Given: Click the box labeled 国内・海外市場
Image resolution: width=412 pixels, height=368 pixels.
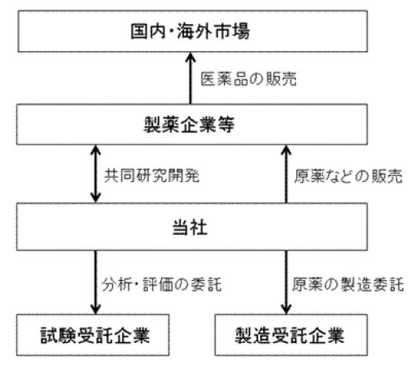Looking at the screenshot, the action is [193, 31].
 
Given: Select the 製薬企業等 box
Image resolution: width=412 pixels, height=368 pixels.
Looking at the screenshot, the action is [192, 125].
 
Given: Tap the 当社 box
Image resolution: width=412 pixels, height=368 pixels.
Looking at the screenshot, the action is [192, 227].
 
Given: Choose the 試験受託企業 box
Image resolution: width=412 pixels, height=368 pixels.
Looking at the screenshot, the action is [92, 335].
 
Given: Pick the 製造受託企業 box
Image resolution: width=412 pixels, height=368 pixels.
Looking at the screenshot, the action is [291, 335].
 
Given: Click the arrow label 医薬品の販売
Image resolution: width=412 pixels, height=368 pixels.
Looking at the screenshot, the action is [248, 78].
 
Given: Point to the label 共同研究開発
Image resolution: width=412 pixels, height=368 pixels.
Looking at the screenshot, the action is [152, 175].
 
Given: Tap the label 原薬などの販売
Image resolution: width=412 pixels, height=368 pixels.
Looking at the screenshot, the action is [349, 176].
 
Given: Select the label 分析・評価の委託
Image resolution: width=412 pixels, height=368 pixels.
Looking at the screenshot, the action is [161, 285].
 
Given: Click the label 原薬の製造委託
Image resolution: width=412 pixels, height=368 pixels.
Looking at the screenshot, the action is [348, 285].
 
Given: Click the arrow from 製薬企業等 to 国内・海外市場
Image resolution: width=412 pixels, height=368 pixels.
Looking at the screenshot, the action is [190, 78].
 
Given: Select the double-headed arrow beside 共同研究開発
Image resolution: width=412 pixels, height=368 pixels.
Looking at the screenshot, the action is [96, 174].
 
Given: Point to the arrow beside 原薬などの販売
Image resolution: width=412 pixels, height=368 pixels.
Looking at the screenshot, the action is [286, 174].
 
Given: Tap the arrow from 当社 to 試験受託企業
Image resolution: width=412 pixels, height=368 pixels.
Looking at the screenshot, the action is [96, 282].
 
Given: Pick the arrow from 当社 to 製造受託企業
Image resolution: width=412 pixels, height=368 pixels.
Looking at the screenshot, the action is [286, 282].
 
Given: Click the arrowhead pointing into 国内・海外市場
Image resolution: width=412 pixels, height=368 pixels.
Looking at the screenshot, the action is [190, 56].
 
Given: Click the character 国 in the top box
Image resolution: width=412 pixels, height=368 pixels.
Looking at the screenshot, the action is [139, 31].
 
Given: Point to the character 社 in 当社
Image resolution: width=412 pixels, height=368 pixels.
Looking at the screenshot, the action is [199, 227].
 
